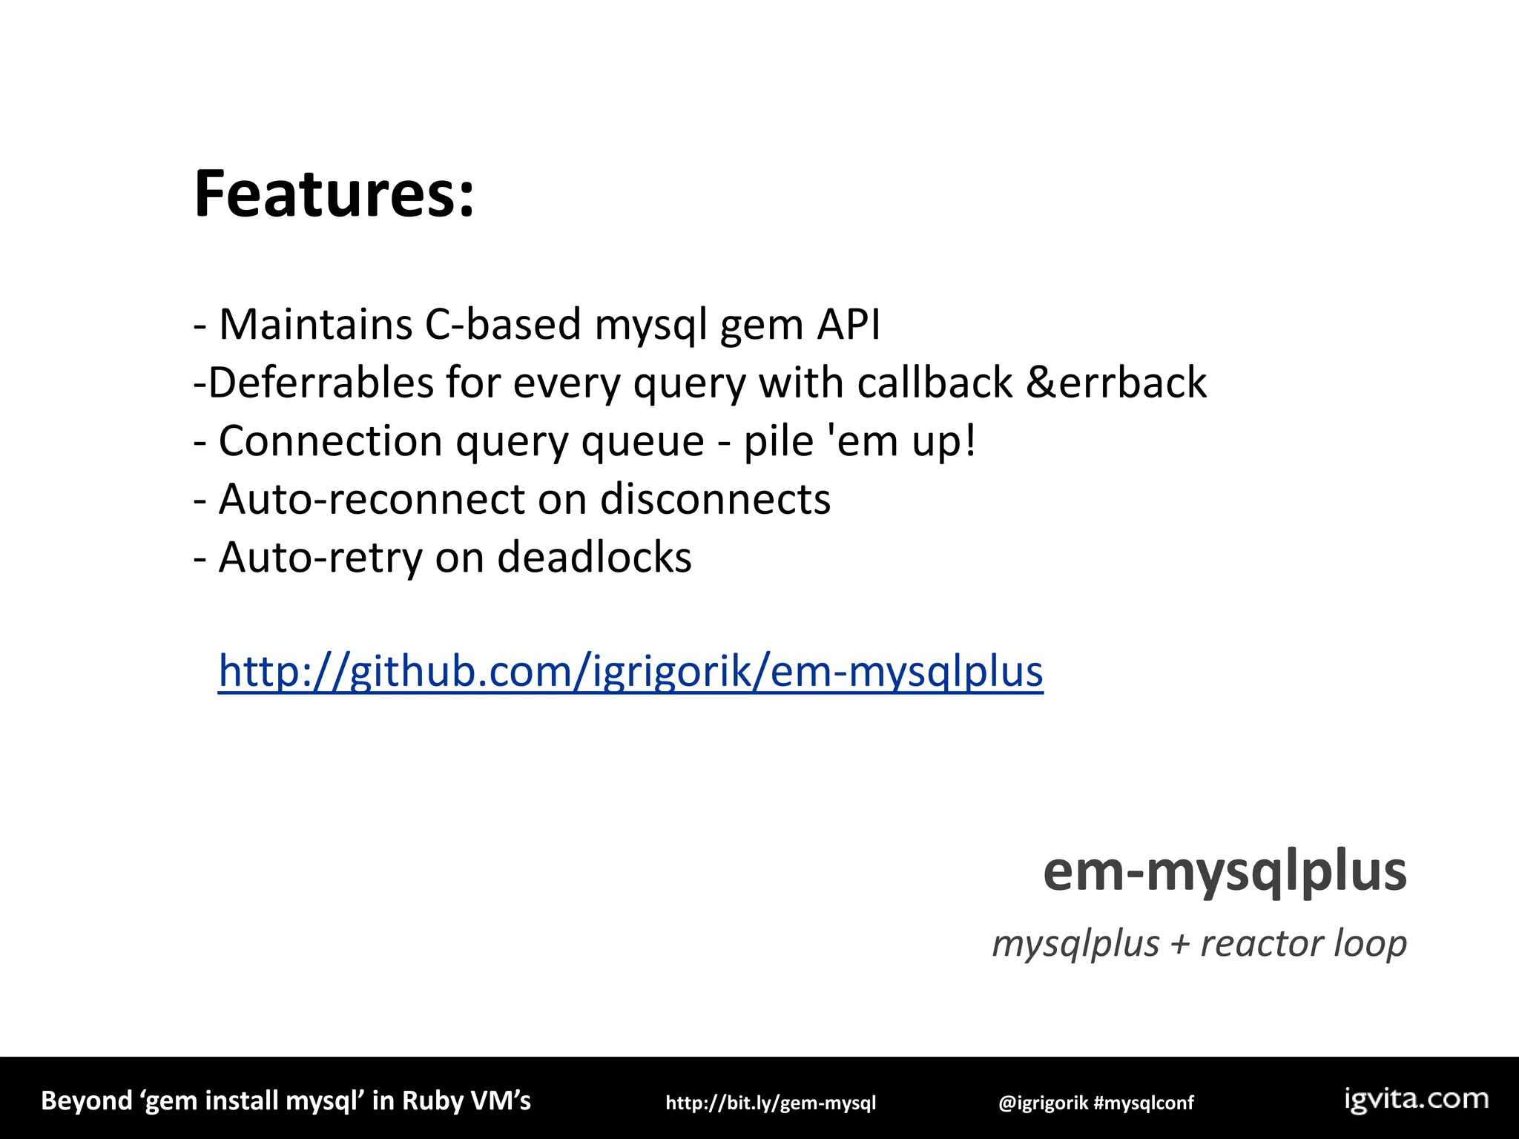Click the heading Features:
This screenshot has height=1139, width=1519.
pyautogui.click(x=334, y=194)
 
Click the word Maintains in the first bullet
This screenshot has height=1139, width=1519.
pyautogui.click(x=315, y=325)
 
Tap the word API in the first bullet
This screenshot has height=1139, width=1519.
pyautogui.click(x=849, y=325)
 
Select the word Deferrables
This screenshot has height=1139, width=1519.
pyautogui.click(x=320, y=383)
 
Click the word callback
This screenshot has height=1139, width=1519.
pyautogui.click(x=935, y=383)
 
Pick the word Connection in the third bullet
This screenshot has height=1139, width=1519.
pyautogui.click(x=330, y=441)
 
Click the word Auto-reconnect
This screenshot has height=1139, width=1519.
pyautogui.click(x=371, y=499)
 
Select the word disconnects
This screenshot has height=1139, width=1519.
pyautogui.click(x=715, y=499)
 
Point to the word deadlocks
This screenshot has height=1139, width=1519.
pyautogui.click(x=594, y=558)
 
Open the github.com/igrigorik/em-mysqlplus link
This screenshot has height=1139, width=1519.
pyautogui.click(x=630, y=671)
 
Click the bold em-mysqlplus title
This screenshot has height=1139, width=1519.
pyautogui.click(x=1225, y=872)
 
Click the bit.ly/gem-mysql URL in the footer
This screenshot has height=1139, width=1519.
pyautogui.click(x=771, y=1103)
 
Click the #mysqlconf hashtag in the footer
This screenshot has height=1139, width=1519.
pyautogui.click(x=1144, y=1103)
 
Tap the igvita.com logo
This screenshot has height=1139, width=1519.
pyautogui.click(x=1417, y=1100)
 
